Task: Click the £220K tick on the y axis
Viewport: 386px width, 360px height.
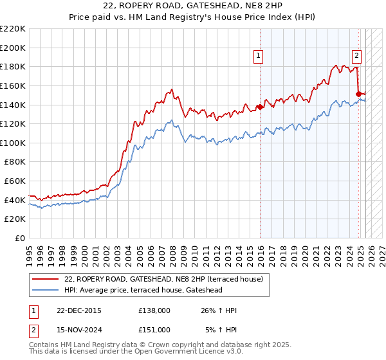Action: click(x=13, y=29)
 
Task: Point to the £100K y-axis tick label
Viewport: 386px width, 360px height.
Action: click(x=13, y=143)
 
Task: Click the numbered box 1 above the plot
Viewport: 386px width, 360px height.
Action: click(x=258, y=56)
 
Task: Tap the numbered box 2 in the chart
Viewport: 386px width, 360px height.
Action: click(x=356, y=56)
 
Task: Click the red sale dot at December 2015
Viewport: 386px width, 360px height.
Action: click(x=260, y=107)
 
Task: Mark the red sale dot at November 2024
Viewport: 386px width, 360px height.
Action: click(x=358, y=94)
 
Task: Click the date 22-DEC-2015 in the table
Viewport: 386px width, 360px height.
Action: click(x=78, y=310)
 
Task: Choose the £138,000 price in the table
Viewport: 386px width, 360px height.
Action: click(x=154, y=310)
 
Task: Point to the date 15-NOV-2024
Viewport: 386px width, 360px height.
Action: click(x=78, y=329)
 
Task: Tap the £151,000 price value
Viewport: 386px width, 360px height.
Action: click(x=154, y=329)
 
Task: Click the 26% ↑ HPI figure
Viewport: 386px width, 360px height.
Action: click(x=219, y=310)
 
